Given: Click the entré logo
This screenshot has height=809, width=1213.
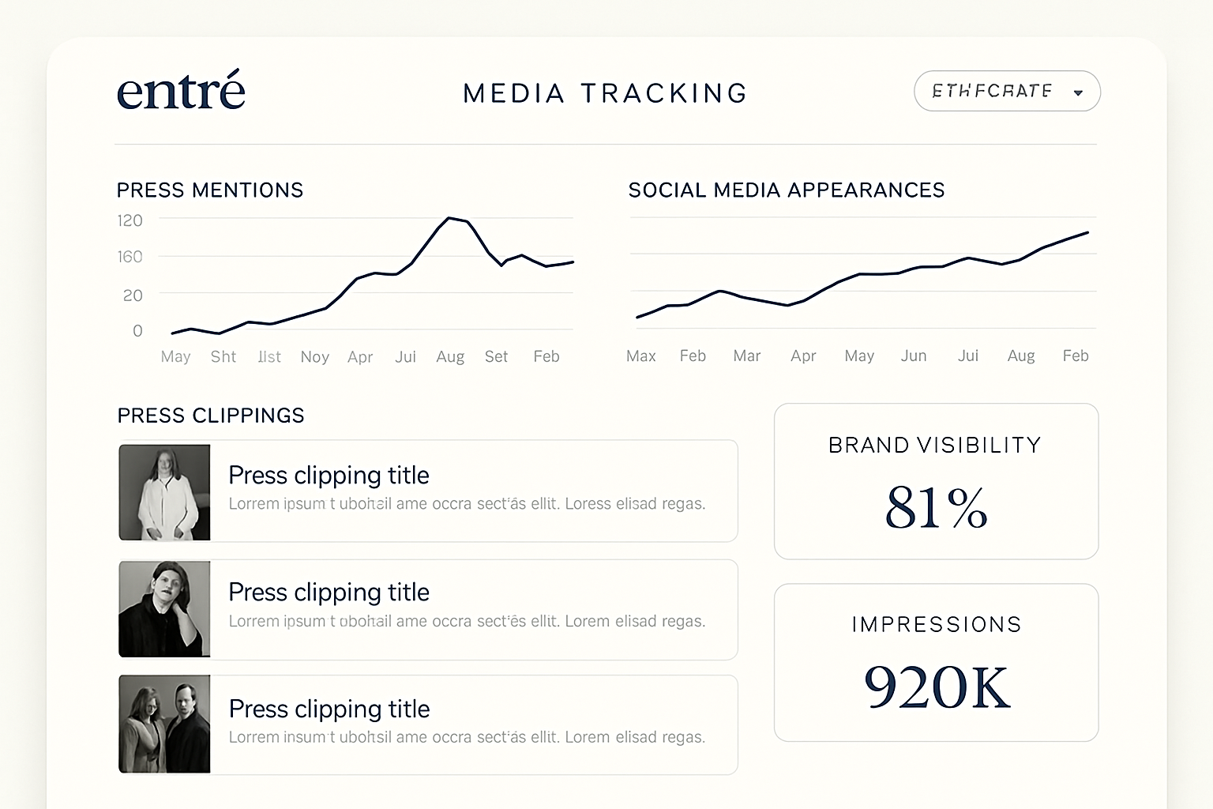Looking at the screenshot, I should [x=181, y=91].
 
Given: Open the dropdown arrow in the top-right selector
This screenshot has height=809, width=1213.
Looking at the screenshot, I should [x=1078, y=92].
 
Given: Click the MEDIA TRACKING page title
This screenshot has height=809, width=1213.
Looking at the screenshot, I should [x=605, y=93].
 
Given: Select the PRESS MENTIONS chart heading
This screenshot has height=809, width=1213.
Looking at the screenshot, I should [x=210, y=190].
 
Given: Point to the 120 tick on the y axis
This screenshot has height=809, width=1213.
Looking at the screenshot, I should [x=130, y=220].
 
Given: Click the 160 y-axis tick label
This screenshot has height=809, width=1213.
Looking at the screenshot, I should [x=130, y=257].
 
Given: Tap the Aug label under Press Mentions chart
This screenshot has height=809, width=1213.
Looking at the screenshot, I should [x=450, y=357].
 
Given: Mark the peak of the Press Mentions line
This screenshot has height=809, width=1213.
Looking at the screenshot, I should [x=449, y=217].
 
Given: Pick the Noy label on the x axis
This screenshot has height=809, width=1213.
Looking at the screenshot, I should [x=314, y=357].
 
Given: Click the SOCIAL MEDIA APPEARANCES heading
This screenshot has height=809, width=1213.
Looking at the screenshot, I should [x=787, y=190].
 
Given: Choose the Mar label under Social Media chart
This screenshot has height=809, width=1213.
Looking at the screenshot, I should [x=746, y=356].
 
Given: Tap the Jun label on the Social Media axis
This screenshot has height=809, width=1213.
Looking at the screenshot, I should [x=914, y=356].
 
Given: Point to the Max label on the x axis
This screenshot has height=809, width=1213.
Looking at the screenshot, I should [x=641, y=356].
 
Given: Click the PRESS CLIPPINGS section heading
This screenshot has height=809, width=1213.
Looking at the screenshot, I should [x=211, y=416].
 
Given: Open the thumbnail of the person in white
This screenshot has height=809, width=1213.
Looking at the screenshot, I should [x=164, y=492].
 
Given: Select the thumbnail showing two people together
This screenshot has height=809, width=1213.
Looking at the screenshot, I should [x=164, y=724].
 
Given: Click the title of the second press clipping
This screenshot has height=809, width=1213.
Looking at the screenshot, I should [x=329, y=592].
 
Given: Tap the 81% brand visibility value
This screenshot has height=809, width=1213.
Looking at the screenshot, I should [x=937, y=507].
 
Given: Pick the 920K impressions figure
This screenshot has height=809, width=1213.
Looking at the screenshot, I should [x=937, y=687].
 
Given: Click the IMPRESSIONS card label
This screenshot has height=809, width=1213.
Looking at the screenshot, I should [x=937, y=625].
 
